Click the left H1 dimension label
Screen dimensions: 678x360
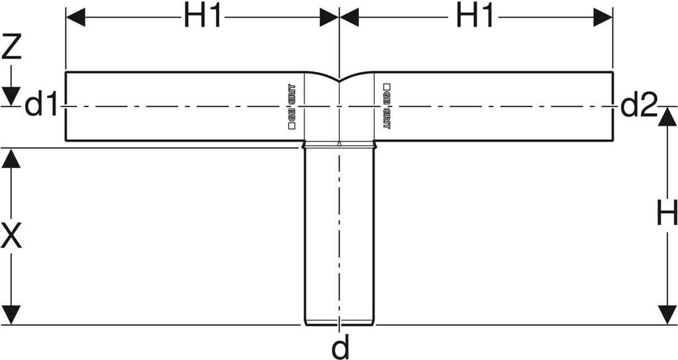point(202,18)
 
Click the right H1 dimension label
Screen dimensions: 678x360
point(475,18)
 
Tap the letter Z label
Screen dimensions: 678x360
point(11,48)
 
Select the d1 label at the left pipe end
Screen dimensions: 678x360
point(42,106)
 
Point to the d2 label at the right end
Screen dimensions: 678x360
point(639,106)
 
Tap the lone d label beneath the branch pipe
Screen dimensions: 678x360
point(340,347)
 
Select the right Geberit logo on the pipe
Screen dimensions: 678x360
point(387,105)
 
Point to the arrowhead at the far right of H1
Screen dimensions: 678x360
point(603,18)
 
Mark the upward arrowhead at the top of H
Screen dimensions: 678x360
point(667,116)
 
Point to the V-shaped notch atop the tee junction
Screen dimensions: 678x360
point(339,80)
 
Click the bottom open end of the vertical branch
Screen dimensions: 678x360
point(339,324)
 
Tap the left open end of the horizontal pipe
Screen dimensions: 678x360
point(66,106)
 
